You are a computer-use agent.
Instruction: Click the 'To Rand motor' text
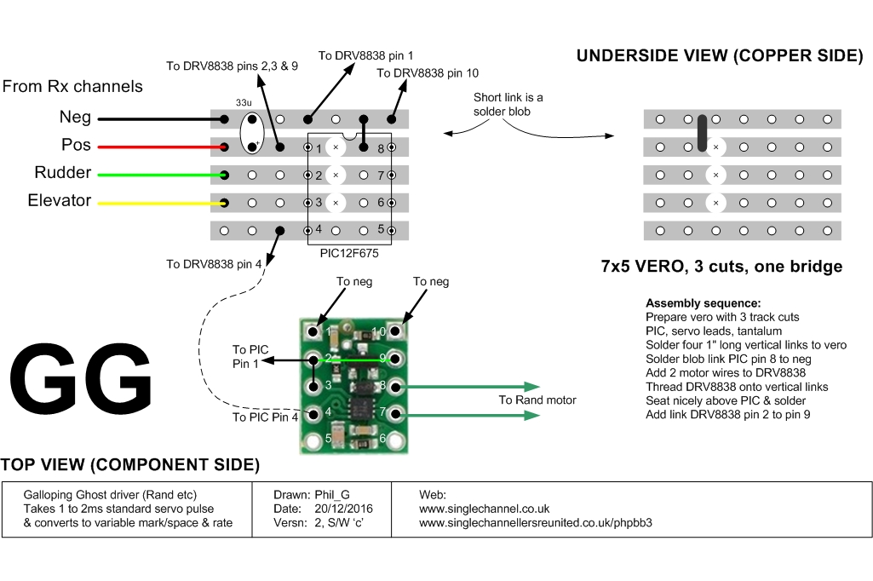(x=537, y=400)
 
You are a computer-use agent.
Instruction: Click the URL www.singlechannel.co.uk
(x=485, y=509)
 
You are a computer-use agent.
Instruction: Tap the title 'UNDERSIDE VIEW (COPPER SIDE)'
(x=720, y=56)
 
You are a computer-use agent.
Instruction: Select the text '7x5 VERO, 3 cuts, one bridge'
(x=721, y=267)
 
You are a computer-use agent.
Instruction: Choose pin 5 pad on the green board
(x=316, y=440)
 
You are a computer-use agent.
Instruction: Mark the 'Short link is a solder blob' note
(x=508, y=104)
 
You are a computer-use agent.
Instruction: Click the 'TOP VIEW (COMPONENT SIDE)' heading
(x=129, y=465)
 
